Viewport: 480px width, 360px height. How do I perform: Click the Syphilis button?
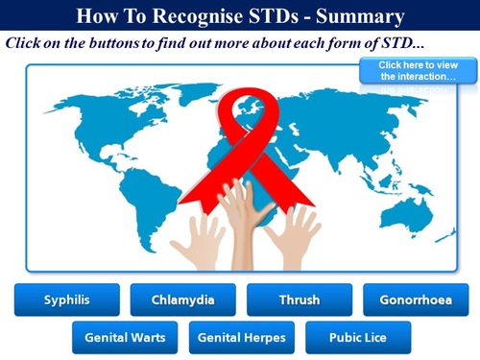click(66, 300)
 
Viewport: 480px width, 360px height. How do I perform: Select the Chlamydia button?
click(182, 300)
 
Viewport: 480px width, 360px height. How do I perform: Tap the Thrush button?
click(299, 300)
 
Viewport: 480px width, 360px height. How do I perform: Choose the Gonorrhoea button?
click(415, 300)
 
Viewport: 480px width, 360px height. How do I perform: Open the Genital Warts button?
click(125, 338)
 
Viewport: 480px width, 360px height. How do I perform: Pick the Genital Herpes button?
click(241, 338)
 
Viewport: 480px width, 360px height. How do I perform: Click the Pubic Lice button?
click(357, 338)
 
